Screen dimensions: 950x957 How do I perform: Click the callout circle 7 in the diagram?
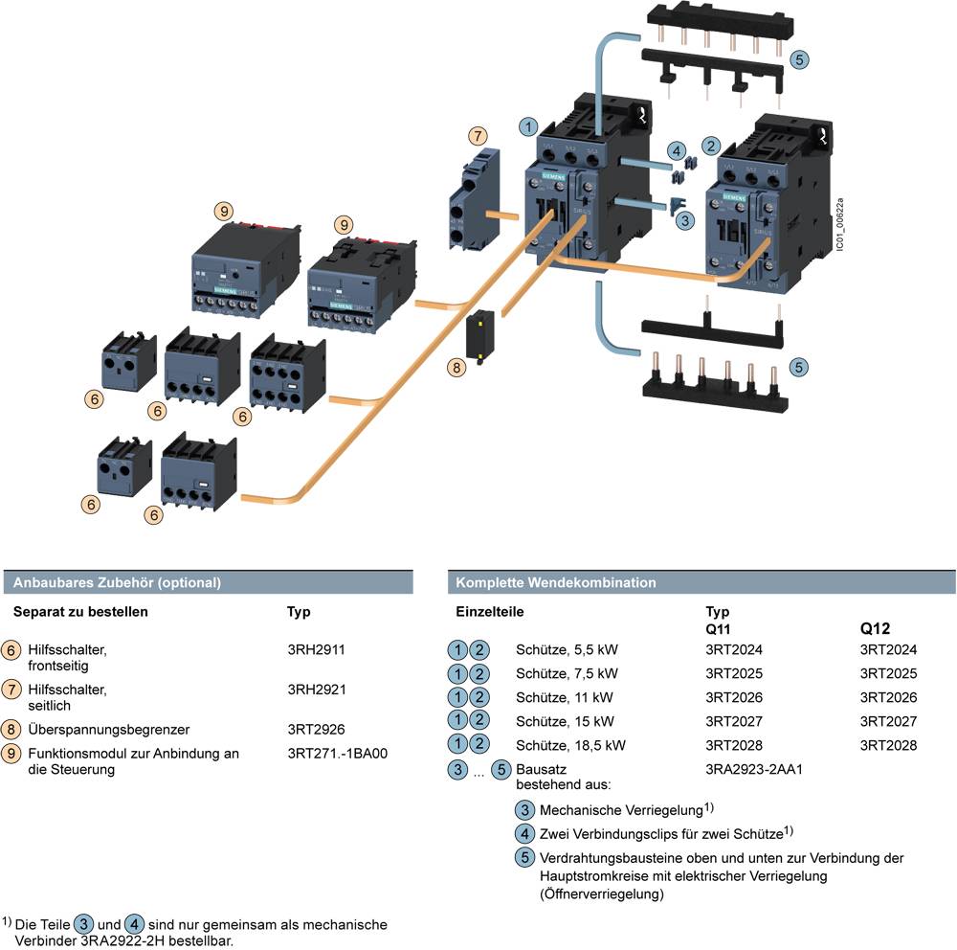[478, 137]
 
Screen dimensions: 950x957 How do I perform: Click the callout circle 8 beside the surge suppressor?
[457, 367]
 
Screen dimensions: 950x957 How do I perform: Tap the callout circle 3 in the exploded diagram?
[684, 220]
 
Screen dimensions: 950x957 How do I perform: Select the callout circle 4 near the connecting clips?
[677, 150]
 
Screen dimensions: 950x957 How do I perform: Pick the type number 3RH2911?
[316, 650]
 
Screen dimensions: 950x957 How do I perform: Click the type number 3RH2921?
[316, 689]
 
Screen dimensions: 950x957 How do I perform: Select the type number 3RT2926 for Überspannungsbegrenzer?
[316, 729]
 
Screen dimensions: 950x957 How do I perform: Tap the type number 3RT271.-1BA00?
[337, 754]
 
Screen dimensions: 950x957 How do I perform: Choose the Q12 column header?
[876, 629]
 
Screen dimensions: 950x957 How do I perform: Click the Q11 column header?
[720, 629]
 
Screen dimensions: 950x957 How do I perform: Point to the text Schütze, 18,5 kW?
[570, 745]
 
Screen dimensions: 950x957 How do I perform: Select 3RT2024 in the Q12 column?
[888, 649]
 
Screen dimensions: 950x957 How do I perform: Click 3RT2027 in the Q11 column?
[734, 721]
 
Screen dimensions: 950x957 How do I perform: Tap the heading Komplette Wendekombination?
[556, 582]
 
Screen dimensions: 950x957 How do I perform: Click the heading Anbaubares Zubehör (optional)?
[117, 582]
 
